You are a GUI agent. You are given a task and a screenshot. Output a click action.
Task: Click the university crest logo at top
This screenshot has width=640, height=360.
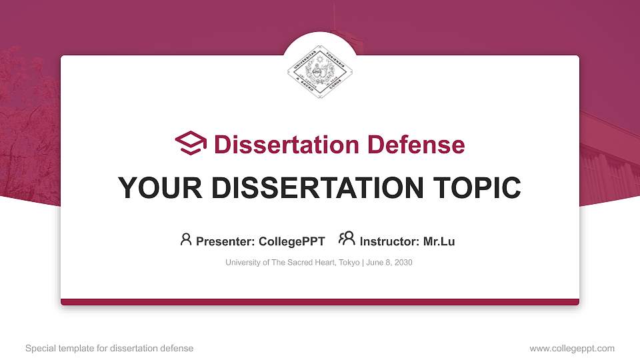(x=319, y=72)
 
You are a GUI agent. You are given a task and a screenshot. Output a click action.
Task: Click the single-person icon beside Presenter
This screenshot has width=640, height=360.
(x=186, y=239)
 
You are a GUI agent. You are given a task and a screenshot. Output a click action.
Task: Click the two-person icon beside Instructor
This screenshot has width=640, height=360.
(x=347, y=239)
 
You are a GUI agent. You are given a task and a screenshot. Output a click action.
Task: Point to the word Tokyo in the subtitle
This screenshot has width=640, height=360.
(x=349, y=263)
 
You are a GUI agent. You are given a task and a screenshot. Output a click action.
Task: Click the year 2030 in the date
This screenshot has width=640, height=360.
(x=403, y=263)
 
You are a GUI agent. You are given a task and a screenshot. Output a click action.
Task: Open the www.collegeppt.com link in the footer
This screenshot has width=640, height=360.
(x=572, y=349)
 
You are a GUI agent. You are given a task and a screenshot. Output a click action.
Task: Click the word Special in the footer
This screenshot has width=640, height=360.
(x=39, y=349)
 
